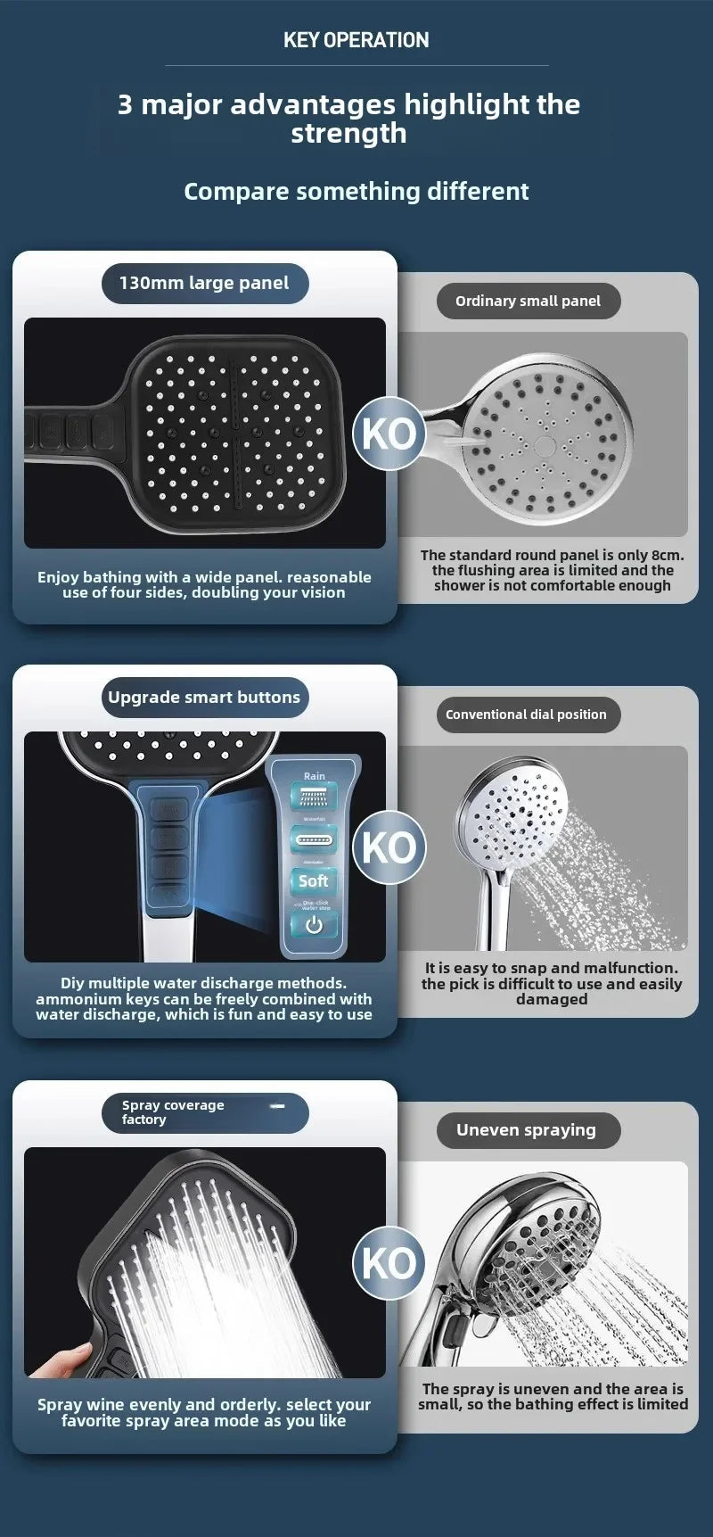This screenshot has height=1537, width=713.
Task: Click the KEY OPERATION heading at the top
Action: click(x=356, y=40)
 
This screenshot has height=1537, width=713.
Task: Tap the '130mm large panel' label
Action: click(x=204, y=284)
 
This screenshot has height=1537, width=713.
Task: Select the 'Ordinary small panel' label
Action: click(x=528, y=302)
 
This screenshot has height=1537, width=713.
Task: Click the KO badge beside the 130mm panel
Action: click(x=389, y=434)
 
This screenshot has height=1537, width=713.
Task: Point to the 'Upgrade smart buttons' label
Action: click(x=204, y=698)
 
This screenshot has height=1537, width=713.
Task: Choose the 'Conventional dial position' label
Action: click(x=526, y=715)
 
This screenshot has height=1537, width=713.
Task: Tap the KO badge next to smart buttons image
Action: click(x=389, y=847)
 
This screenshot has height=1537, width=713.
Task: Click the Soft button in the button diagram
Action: click(x=314, y=881)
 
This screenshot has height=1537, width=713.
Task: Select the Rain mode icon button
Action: click(x=314, y=796)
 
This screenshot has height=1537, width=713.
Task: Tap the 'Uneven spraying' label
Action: click(x=526, y=1130)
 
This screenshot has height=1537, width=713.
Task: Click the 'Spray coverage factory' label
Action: click(x=173, y=1112)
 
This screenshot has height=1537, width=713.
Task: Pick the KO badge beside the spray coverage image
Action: click(x=389, y=1263)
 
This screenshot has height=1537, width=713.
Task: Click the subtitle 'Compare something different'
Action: click(x=356, y=192)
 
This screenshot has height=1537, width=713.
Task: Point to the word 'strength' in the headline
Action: click(x=348, y=134)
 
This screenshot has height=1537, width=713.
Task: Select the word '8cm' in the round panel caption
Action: click(x=667, y=556)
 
